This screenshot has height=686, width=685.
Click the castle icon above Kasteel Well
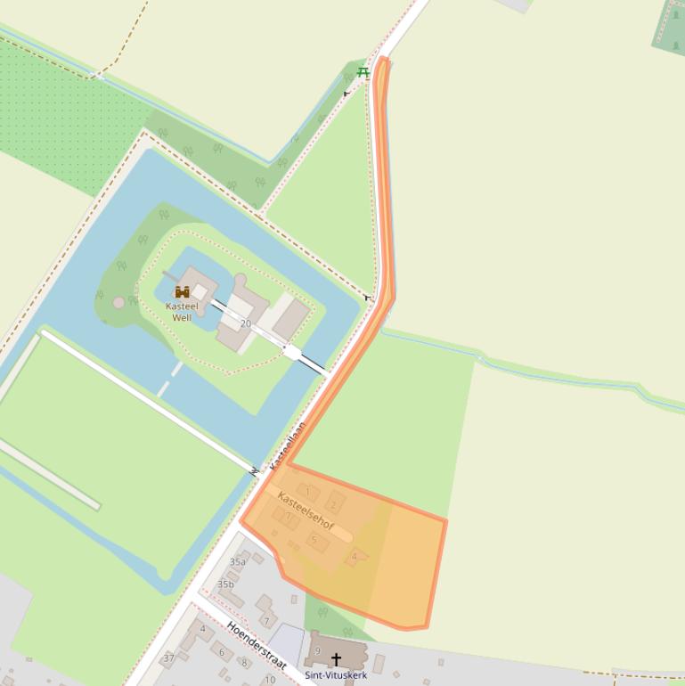pos(183,291)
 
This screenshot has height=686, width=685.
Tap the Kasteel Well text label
pos(182,312)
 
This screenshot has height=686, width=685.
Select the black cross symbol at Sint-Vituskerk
pos(336,660)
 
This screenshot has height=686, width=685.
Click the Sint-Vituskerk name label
pos(336,675)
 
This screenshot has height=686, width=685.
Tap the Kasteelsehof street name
pos(306,511)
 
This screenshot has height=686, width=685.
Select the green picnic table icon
pos(363,72)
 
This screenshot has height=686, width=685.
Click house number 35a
pos(237,562)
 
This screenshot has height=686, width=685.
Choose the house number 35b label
pos(225,584)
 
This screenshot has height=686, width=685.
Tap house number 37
pos(168,658)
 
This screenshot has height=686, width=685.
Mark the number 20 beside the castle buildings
pos(245,323)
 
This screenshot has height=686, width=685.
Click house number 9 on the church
pos(317,651)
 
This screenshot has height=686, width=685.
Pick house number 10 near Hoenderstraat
pos(269,680)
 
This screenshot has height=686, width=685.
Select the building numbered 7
pos(265,621)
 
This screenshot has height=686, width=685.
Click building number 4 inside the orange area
pos(355,557)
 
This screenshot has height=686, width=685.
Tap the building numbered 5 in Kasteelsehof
pos(314,540)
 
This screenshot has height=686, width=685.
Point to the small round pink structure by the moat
pos(118,303)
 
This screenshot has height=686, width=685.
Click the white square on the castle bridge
pos(291,352)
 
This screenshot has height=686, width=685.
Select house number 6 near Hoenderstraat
pos(222,652)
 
